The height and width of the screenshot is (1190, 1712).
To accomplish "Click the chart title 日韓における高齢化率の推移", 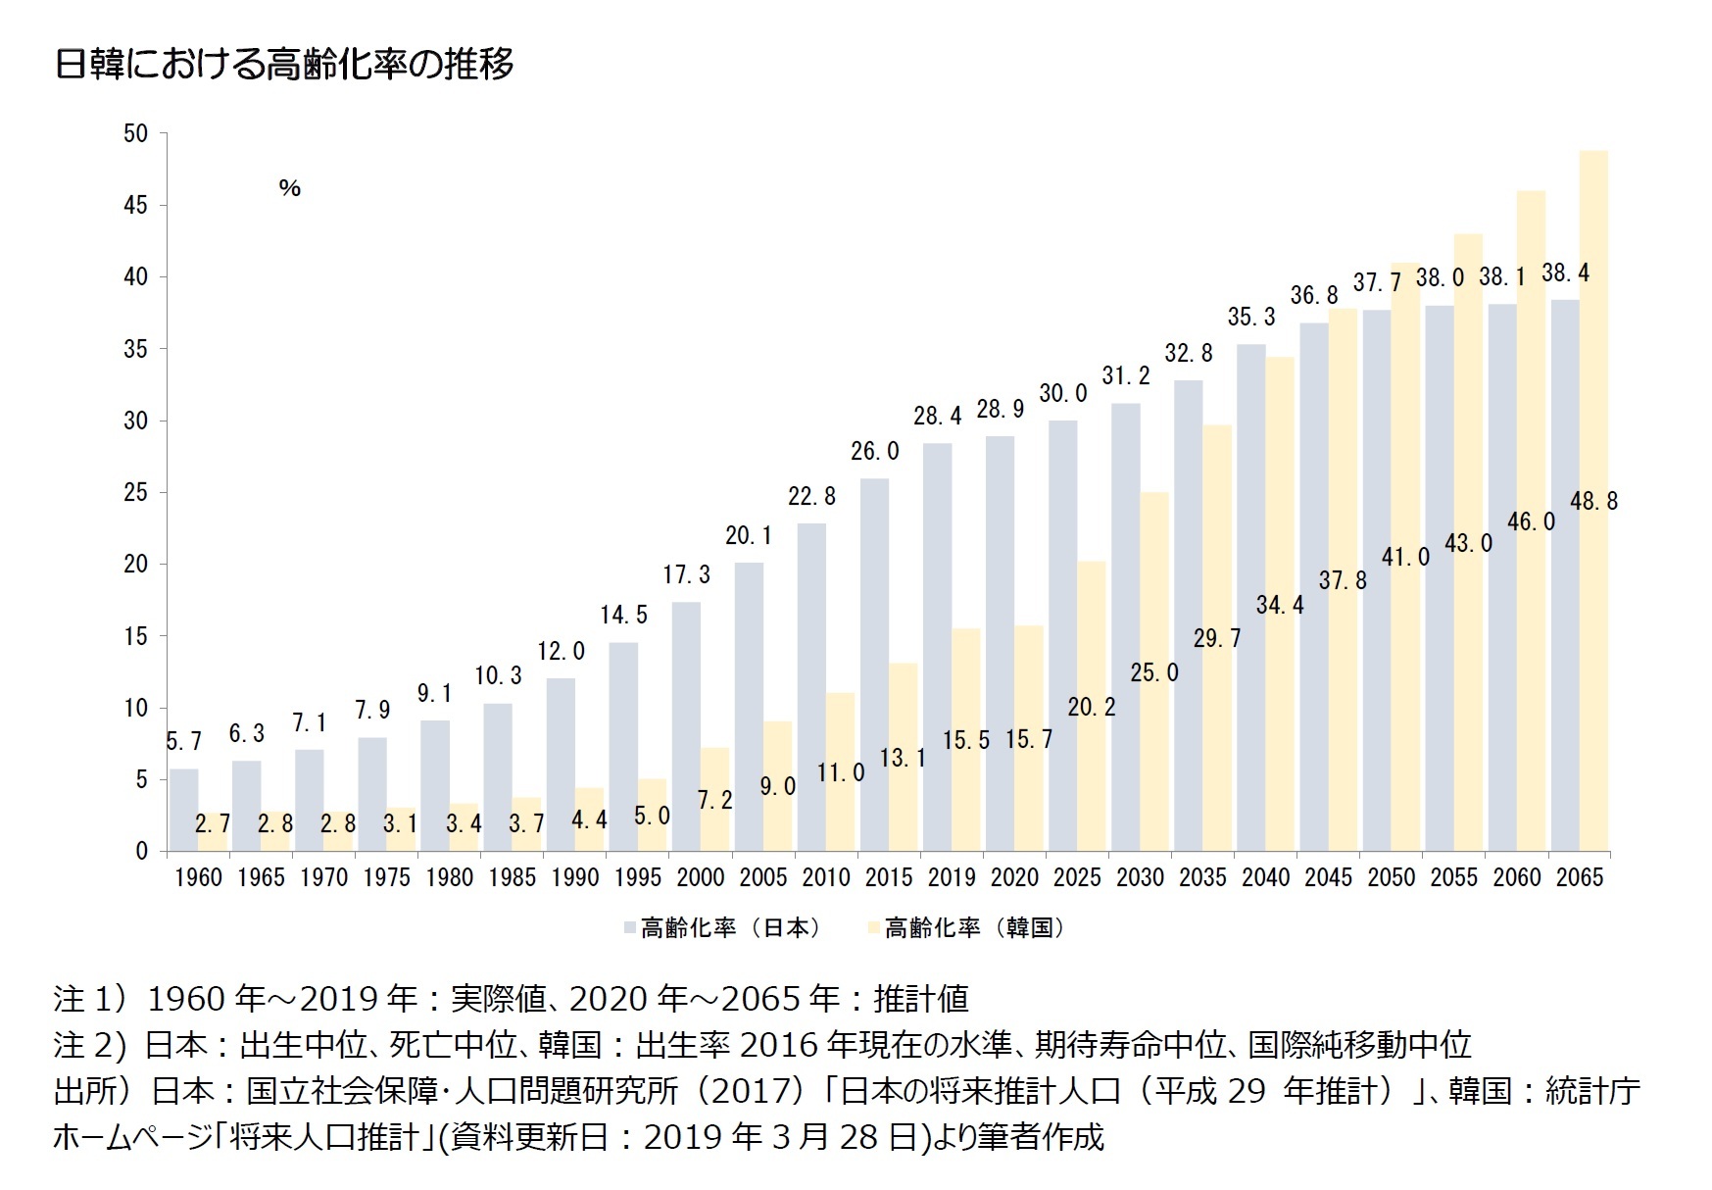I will tap(284, 65).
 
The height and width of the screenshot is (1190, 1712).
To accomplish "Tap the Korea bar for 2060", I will tap(1531, 520).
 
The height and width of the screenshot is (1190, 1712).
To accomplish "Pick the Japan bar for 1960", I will tap(184, 810).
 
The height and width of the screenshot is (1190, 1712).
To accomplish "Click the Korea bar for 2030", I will tap(1154, 670).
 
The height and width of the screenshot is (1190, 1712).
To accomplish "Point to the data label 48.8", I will tap(1593, 502).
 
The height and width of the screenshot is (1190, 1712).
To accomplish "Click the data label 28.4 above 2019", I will tap(937, 417).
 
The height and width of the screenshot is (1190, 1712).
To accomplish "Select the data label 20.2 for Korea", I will tap(1091, 707).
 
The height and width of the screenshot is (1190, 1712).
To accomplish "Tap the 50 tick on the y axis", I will tap(135, 134).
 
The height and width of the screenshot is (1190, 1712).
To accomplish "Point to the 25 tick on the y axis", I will tap(135, 493).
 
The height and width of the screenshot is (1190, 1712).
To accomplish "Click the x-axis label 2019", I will tap(952, 877).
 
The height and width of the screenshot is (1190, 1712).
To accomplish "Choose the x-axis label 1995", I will tap(638, 877).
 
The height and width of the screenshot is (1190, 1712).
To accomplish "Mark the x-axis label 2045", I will tap(1328, 877).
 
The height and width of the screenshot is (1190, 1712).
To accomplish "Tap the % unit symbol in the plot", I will tap(289, 188).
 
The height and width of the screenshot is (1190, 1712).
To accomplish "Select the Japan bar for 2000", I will tap(686, 726).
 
